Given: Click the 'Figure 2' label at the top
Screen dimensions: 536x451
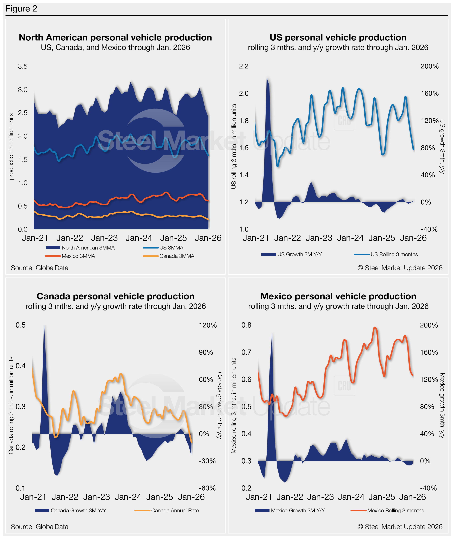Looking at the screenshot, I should tap(21, 9).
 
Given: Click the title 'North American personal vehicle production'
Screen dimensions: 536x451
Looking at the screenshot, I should tap(115, 37).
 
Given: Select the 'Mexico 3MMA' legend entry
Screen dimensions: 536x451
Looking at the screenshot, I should tap(78, 256).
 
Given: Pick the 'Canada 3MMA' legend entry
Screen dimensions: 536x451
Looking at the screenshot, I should tap(177, 256).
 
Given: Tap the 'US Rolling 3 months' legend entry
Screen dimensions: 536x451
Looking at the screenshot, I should tap(394, 254).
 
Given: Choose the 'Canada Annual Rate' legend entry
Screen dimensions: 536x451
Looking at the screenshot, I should tap(175, 511).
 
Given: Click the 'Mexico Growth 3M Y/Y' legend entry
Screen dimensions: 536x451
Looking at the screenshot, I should tap(298, 511).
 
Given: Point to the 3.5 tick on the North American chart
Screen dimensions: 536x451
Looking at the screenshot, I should tap(22, 66).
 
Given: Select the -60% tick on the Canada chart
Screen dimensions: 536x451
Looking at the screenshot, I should tap(207, 488).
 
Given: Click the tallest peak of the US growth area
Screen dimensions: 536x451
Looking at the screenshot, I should tap(267, 78).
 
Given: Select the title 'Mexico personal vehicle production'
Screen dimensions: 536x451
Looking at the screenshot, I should tap(338, 296).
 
